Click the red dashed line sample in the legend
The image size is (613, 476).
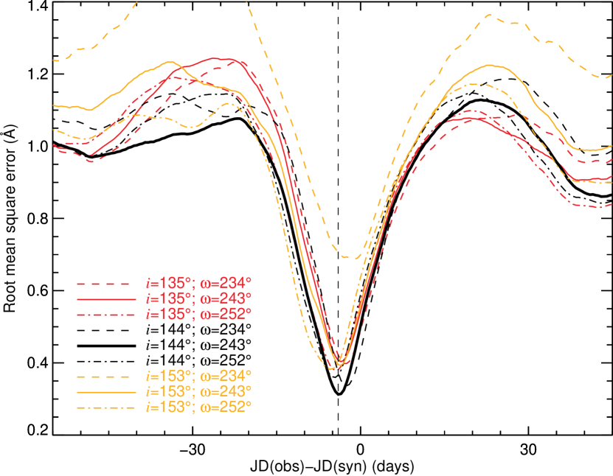point(106,283)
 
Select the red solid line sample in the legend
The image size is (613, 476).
point(106,299)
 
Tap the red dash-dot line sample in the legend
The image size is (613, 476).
point(106,315)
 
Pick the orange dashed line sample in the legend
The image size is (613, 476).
point(106,375)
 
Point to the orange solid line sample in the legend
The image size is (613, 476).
point(106,391)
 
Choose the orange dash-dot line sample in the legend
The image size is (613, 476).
point(106,407)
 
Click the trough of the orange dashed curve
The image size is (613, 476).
point(351,258)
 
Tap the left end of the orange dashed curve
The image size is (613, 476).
point(55,60)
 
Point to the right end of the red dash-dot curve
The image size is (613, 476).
point(612,206)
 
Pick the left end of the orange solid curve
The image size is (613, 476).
point(55,105)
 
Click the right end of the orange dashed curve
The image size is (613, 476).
point(612,75)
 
